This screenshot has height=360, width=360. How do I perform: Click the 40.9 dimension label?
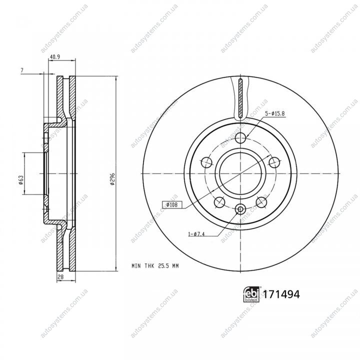(x=55, y=56)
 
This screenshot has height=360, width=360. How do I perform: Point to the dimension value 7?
(x=22, y=70)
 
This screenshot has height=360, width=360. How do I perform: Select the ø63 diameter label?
(x=20, y=180)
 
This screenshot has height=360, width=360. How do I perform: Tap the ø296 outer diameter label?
(x=112, y=178)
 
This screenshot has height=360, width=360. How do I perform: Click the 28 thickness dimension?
(x=60, y=277)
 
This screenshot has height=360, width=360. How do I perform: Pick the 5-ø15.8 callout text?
(x=275, y=113)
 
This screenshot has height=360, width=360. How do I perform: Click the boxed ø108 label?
(x=172, y=204)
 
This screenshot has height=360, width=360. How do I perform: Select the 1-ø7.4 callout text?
(x=196, y=234)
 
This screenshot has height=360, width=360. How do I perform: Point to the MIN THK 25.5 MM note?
(x=155, y=266)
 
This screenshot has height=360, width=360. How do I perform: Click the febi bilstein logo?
(x=251, y=294)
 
